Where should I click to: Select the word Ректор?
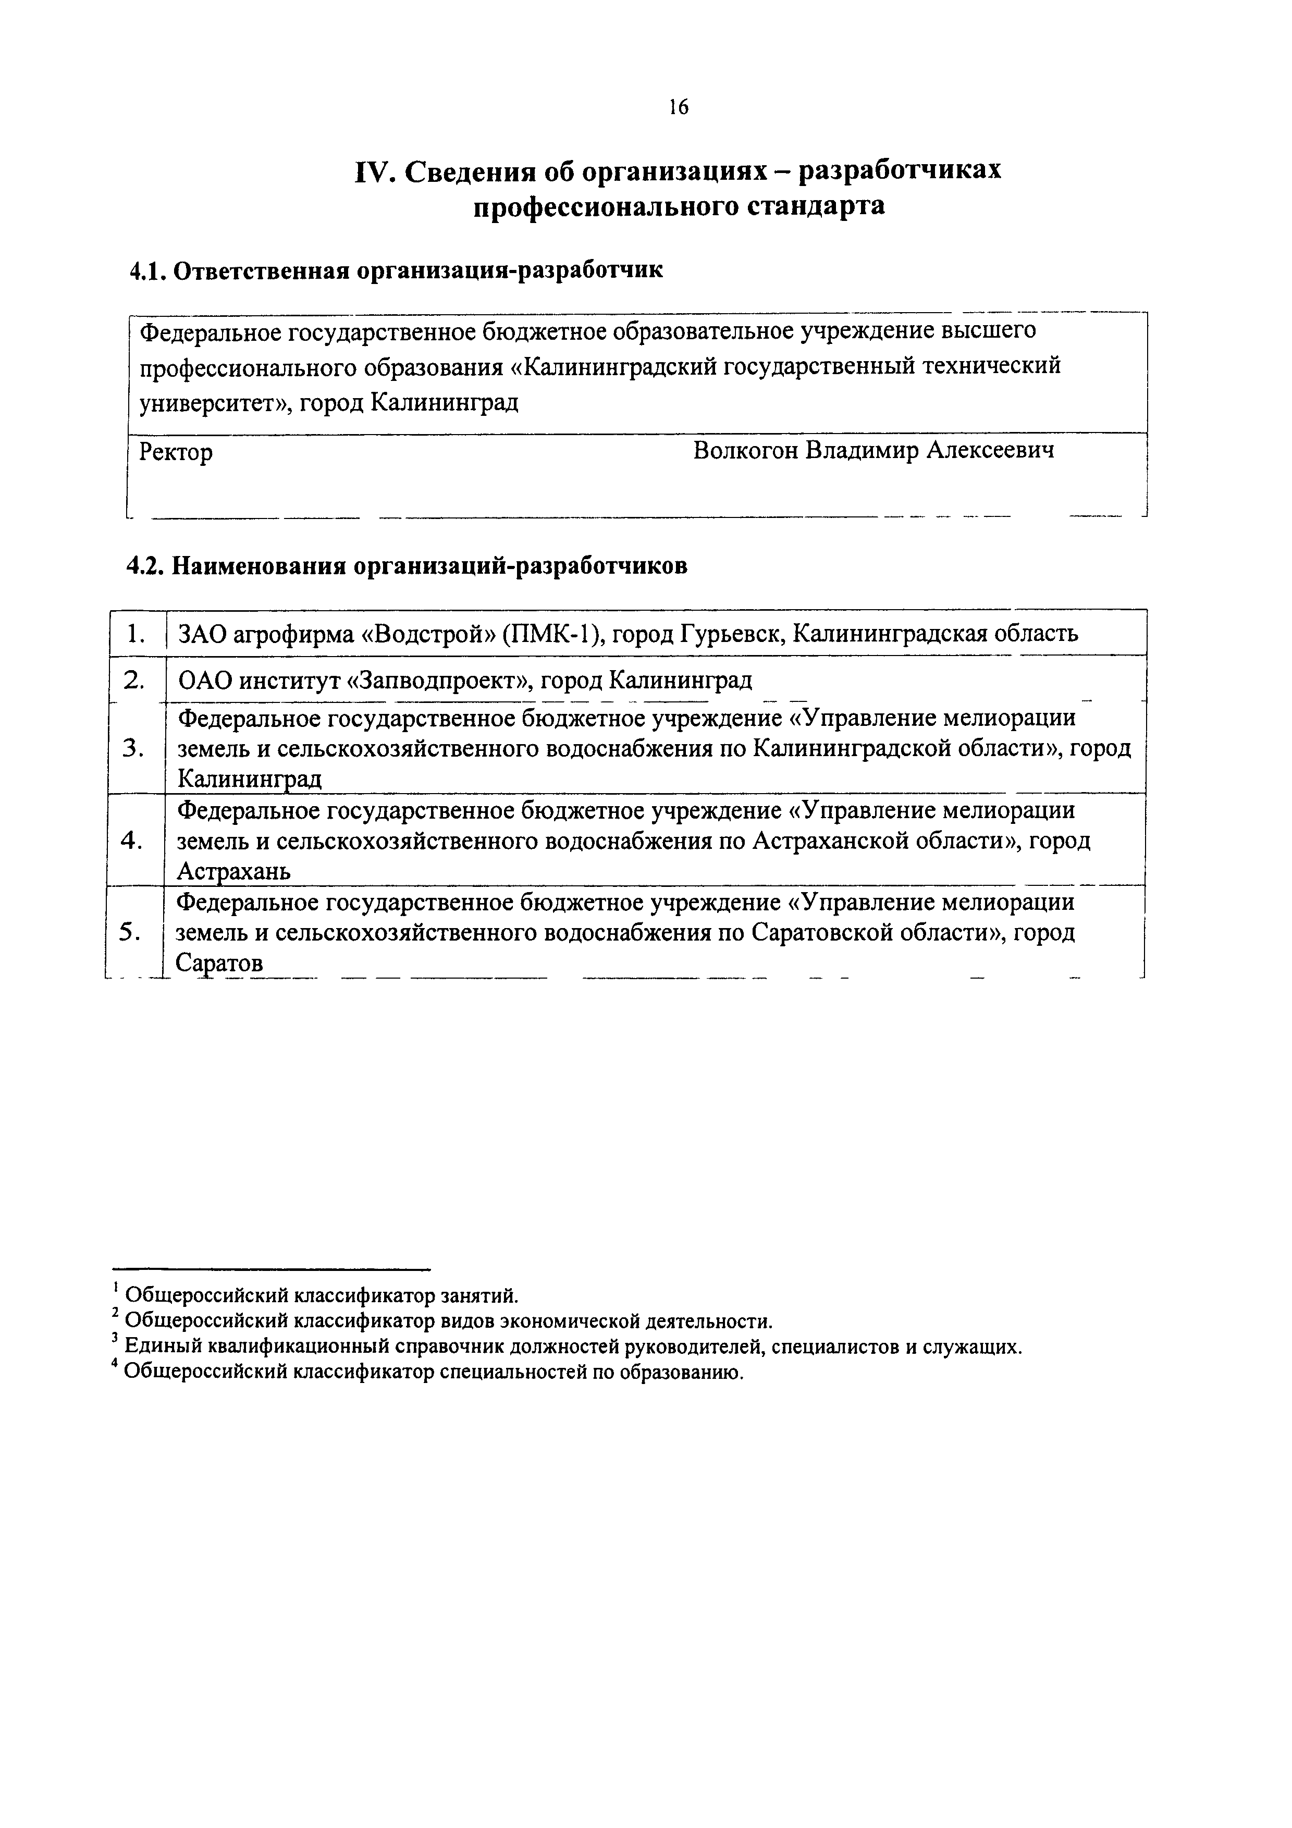(x=176, y=453)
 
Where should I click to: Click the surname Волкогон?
(x=744, y=451)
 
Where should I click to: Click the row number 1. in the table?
(x=136, y=634)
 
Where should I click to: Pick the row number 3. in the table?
(x=134, y=748)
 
